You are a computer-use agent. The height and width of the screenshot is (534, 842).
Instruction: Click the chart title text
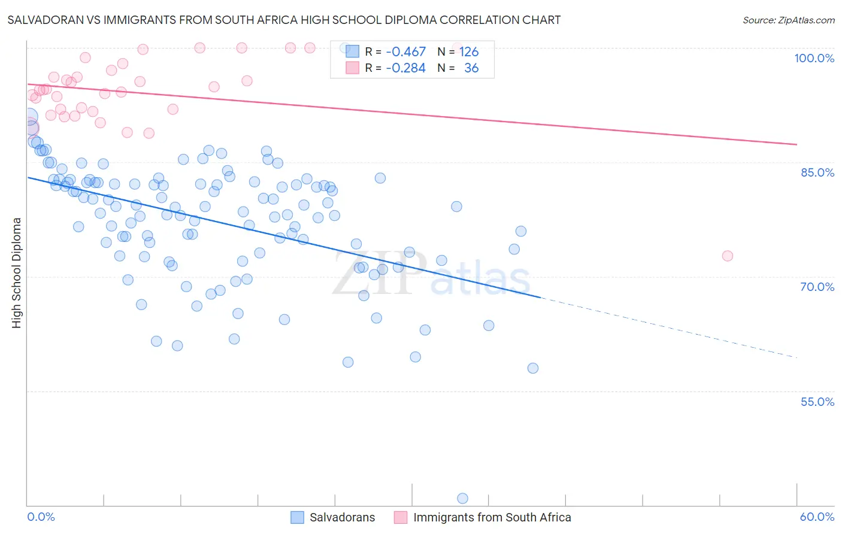coord(284,20)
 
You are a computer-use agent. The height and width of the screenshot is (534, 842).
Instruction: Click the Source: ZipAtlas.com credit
coord(788,20)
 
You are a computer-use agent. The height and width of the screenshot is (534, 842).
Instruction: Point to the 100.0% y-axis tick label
coord(814,58)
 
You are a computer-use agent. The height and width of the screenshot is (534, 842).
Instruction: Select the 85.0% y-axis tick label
coord(817,172)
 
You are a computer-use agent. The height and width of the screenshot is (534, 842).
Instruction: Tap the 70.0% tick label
coord(817,287)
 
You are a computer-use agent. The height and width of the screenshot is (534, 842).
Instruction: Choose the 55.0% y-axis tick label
coord(817,402)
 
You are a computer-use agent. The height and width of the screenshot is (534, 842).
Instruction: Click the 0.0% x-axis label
coord(41,517)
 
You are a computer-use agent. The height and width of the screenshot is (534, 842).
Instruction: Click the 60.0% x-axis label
coord(816,517)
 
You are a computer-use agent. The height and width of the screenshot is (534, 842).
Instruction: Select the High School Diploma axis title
coord(16,272)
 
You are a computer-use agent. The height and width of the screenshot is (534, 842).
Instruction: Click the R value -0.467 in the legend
coord(405,52)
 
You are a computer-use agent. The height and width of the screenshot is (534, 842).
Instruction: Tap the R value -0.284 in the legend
coord(405,68)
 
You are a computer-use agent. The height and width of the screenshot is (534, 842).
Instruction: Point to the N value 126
coord(469,52)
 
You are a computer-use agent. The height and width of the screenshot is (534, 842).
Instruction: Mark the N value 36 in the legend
coord(471,68)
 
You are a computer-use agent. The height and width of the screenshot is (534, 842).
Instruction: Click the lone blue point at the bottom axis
coord(462,498)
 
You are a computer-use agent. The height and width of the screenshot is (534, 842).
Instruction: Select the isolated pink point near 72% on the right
coord(727,256)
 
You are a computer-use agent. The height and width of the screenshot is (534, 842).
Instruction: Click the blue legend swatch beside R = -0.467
coord(352,52)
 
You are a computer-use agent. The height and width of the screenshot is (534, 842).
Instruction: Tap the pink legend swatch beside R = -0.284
coord(352,68)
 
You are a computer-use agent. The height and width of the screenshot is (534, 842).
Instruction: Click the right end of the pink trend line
coord(796,144)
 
